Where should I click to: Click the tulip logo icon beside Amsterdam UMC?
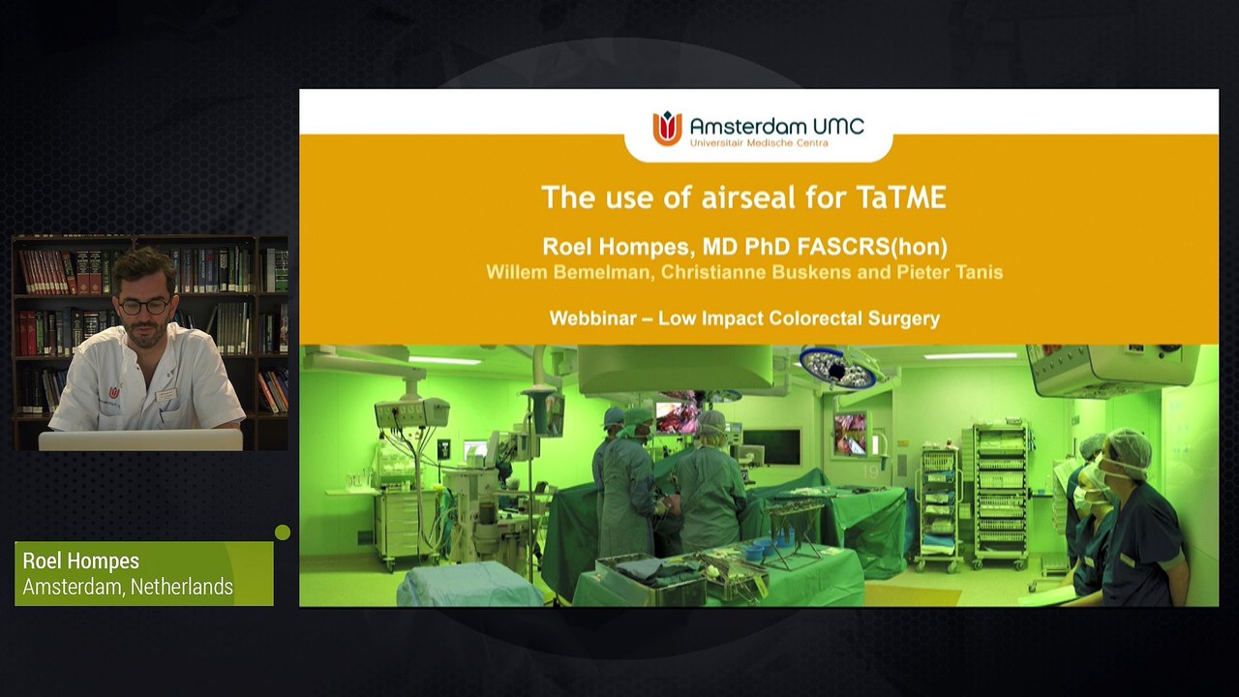point(667,129)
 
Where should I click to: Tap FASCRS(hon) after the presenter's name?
point(872,247)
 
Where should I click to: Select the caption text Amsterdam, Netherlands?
point(128,587)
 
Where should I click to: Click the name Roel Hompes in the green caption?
point(80,561)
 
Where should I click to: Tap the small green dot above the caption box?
point(283,532)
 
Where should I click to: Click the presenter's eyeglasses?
point(144,307)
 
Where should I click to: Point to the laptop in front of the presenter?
point(140,439)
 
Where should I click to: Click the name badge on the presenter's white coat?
point(166,395)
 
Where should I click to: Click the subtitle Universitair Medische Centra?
point(759,143)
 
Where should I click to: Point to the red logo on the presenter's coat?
point(114,392)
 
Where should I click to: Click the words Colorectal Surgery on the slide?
point(854,318)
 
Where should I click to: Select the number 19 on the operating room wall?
point(869,471)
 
